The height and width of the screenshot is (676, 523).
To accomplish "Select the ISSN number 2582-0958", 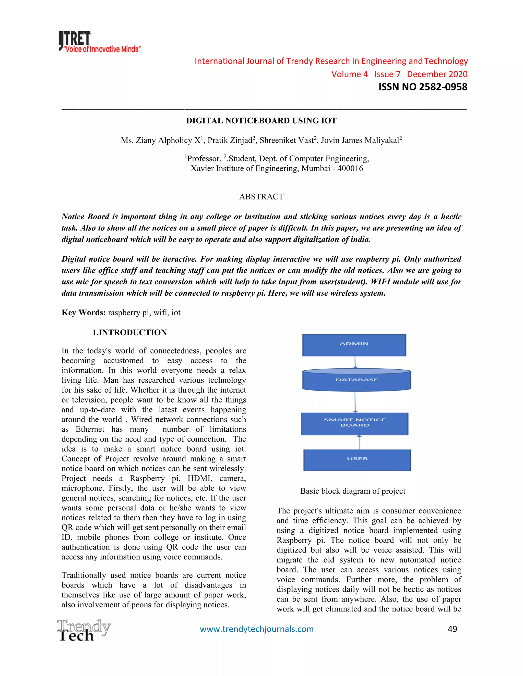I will tap(443, 87).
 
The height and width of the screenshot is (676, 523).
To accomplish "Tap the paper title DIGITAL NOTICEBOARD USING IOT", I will tap(261, 121).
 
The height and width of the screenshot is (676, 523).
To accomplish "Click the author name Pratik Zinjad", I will tap(230, 141).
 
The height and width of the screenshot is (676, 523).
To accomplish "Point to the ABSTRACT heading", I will tap(261, 196).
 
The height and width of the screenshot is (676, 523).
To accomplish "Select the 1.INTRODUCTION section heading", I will tap(129, 332).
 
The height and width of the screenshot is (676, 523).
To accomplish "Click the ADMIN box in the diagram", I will tap(354, 345).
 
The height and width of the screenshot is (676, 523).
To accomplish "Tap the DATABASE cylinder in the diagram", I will tap(356, 380).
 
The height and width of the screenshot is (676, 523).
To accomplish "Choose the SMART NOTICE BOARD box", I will tap(355, 423).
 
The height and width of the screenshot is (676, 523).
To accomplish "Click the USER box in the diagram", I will tap(357, 460).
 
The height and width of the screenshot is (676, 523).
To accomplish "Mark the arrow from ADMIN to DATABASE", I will tap(355, 362).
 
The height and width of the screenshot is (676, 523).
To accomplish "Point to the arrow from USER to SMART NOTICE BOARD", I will tap(359, 442).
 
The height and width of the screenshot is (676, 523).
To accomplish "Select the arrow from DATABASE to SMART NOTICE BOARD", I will tap(355, 402).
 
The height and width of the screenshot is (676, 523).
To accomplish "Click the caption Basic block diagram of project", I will tap(353, 491).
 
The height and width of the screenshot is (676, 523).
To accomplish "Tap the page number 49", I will tap(452, 629).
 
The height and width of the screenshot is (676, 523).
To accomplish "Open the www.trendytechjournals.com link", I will tap(257, 629).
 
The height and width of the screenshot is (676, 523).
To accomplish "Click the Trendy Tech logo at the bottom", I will tap(84, 630).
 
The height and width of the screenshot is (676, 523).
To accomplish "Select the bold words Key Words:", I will tap(84, 313).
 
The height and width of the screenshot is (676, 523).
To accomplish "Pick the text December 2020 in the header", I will tap(437, 74).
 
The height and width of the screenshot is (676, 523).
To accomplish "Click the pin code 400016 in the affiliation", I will tap(350, 168).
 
